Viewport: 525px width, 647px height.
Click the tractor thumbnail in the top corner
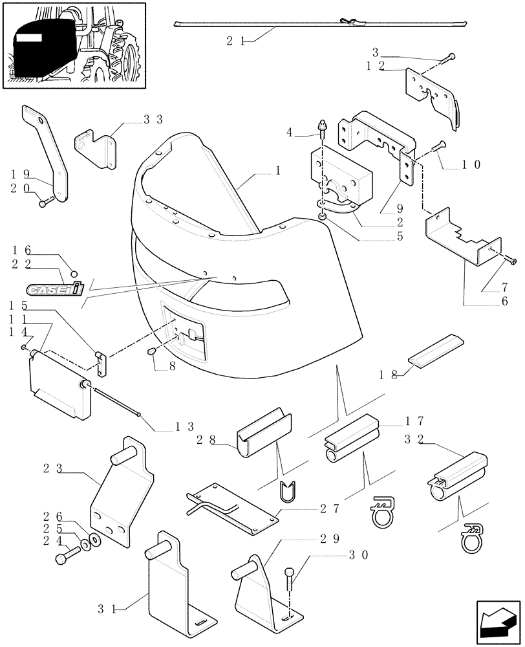point(73,46)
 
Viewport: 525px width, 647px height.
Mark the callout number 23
point(53,468)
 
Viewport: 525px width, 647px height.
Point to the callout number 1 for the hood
point(277,171)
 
